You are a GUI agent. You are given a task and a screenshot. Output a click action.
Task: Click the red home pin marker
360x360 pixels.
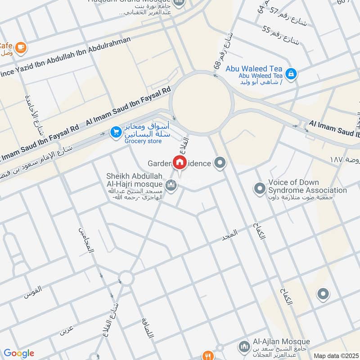pos(180,162)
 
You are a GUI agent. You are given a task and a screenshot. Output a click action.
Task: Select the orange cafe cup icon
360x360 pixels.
pos(20,46)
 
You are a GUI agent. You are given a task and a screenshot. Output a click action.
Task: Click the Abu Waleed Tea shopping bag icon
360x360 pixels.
pos(291,73)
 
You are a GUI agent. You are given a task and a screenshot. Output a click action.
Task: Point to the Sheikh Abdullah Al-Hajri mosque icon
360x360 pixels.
pos(171,185)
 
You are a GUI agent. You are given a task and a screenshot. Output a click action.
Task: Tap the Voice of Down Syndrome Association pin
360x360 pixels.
pos(260,188)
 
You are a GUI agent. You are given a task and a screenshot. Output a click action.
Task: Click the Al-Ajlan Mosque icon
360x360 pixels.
pos(243,347)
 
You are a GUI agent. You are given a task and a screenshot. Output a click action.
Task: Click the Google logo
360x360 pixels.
pos(19,353)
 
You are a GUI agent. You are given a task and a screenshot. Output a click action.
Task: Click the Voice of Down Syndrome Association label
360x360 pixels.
pos(307,186)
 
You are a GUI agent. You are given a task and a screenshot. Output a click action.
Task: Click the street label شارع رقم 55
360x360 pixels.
pos(281,36)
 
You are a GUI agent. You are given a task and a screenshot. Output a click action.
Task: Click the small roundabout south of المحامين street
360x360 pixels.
pos(126,278)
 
